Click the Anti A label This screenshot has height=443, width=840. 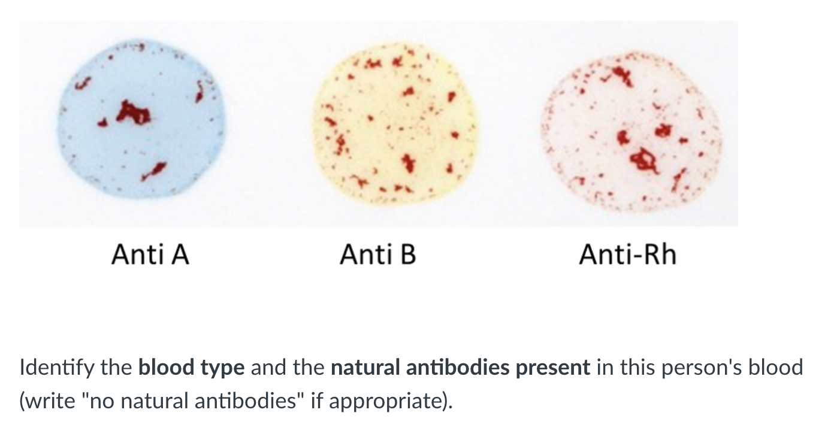click(150, 254)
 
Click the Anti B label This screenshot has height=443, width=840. click(377, 254)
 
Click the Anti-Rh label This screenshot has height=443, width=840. click(627, 254)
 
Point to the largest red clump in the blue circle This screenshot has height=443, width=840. click(132, 113)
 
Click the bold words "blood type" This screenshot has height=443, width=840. click(191, 367)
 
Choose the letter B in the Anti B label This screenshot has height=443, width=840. click(407, 254)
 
